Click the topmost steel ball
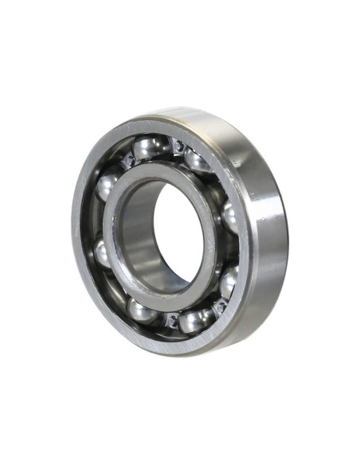149,148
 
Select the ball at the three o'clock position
231,217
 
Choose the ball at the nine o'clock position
103,253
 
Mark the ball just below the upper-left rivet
106,188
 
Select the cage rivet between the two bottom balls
170,320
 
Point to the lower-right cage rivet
219,304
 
